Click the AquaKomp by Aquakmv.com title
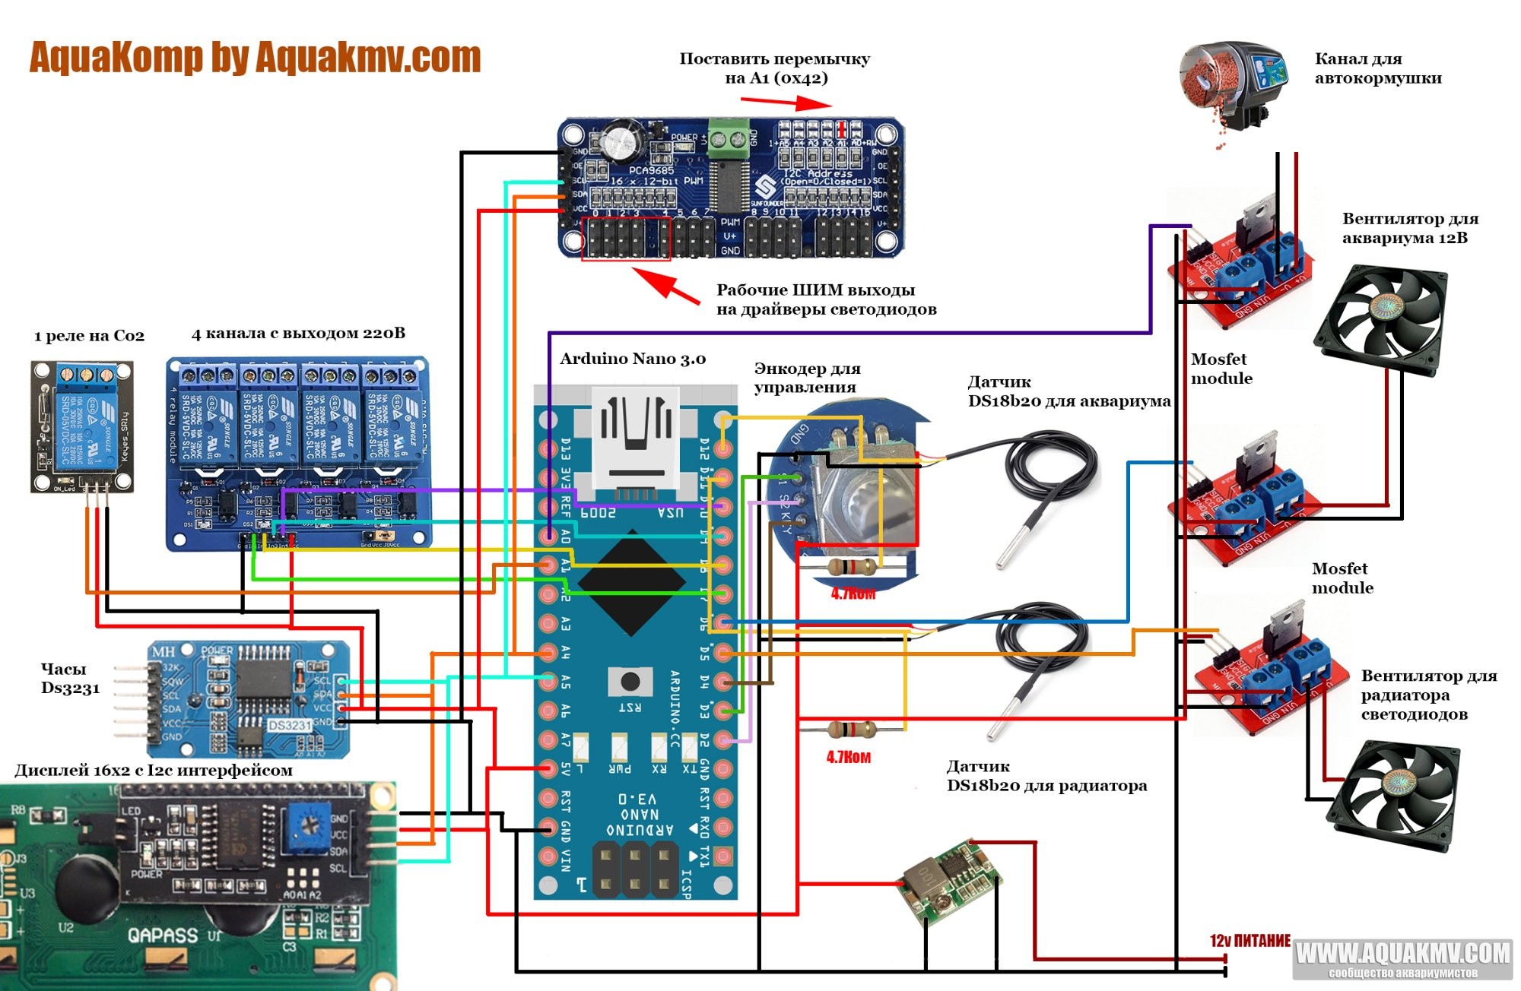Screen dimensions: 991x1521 255,58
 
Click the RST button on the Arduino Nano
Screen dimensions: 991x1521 630,681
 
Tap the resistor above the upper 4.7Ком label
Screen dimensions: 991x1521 852,566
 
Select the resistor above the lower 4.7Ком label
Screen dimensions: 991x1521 850,730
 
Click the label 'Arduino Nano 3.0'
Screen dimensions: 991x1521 633,359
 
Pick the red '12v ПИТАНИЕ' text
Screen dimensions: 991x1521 1250,941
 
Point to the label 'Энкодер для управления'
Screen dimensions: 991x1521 807,378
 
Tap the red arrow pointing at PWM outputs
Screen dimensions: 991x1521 665,285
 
